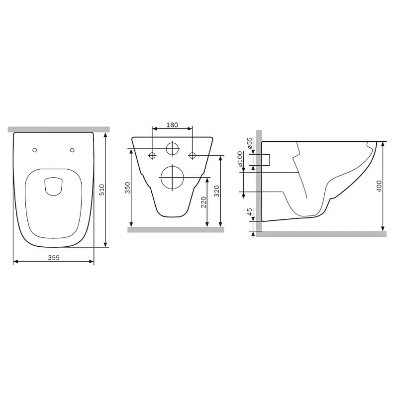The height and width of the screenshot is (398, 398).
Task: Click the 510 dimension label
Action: point(101,190)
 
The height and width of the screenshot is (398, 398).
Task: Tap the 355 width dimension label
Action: point(54,258)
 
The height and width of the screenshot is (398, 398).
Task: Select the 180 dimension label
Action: point(172,125)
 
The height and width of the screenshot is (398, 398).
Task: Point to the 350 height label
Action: point(128,188)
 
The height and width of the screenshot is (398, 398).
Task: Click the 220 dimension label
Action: point(203,202)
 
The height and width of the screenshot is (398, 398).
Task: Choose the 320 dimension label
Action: point(217,191)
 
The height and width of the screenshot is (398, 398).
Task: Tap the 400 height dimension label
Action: point(379,186)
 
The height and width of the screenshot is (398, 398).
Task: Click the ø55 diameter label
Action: point(250,143)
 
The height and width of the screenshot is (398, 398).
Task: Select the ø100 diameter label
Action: point(240,159)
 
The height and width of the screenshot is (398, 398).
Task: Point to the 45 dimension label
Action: point(250,212)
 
